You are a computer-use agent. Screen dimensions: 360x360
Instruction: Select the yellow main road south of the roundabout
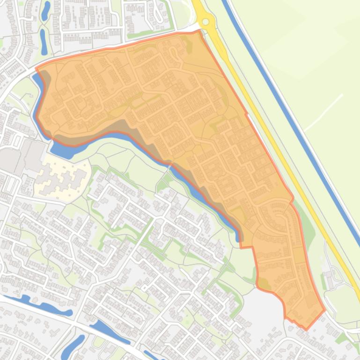coord(262,117)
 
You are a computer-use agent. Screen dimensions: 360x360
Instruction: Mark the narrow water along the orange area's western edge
coord(40,94)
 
